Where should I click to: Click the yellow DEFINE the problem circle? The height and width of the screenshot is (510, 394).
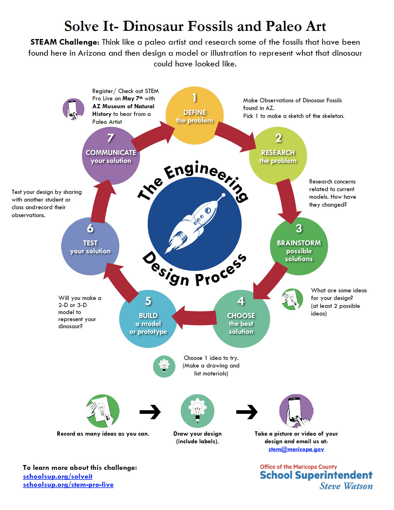(x=195, y=116)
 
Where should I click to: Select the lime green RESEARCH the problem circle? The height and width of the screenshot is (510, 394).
(x=278, y=156)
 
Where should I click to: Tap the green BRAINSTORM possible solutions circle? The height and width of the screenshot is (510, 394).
(x=299, y=246)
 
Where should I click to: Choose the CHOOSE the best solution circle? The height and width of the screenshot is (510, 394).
(x=241, y=319)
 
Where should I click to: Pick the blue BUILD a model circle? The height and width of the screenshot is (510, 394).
(x=148, y=319)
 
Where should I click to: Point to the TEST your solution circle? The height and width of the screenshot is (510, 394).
(x=90, y=246)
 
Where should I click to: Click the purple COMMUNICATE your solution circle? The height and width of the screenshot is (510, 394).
(x=111, y=156)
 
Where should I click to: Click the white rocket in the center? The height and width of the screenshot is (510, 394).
(x=195, y=223)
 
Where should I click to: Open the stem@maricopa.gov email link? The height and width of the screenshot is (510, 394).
(x=296, y=449)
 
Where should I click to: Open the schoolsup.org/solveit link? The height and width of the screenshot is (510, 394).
(x=58, y=476)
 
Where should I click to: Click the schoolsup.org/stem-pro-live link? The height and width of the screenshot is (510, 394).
(x=68, y=485)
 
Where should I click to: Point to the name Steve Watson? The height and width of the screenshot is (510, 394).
(x=346, y=486)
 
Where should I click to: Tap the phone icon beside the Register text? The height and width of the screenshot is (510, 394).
(x=73, y=109)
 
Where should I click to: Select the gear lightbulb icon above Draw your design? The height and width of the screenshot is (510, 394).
(x=198, y=411)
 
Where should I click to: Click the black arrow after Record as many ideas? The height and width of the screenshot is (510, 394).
(x=150, y=412)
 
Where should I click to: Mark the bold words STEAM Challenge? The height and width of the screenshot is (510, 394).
(x=65, y=42)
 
